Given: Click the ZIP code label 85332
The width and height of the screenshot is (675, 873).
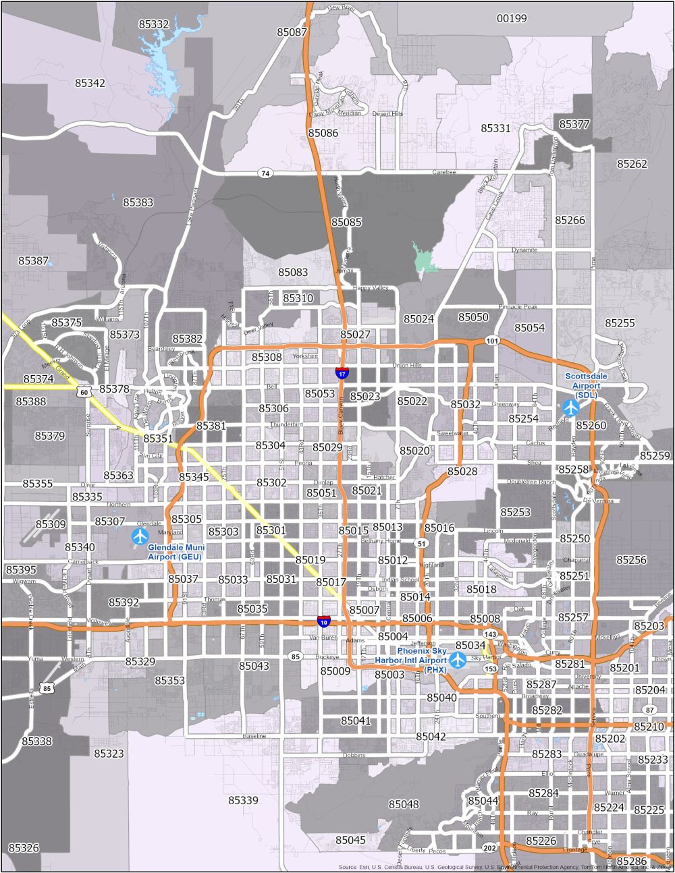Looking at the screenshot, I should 154,24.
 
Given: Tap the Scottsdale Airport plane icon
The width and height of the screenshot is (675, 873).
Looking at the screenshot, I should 570,407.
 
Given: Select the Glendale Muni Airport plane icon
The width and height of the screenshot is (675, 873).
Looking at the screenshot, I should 140,536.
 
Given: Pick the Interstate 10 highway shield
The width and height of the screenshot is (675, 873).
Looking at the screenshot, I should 324,621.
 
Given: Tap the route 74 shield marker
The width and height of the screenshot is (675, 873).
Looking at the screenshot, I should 265,173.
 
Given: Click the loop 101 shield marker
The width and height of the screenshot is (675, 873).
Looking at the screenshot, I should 492,341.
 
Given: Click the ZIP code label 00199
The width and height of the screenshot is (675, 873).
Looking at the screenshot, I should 512,18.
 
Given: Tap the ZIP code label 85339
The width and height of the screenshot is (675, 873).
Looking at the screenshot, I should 243,800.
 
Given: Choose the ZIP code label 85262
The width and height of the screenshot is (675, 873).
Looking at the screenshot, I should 632,164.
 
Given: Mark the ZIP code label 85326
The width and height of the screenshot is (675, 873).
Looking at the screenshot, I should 24,847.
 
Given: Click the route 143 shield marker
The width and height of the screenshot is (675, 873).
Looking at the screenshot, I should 491,635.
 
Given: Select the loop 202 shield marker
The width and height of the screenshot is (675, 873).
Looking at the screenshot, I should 490,847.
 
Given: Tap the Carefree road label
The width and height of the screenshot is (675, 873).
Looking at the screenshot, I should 444,173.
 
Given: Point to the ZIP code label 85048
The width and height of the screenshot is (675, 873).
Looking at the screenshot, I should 404,804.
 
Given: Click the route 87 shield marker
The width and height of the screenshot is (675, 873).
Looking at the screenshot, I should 649,710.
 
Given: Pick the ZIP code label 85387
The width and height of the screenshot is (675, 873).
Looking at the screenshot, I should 33,260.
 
